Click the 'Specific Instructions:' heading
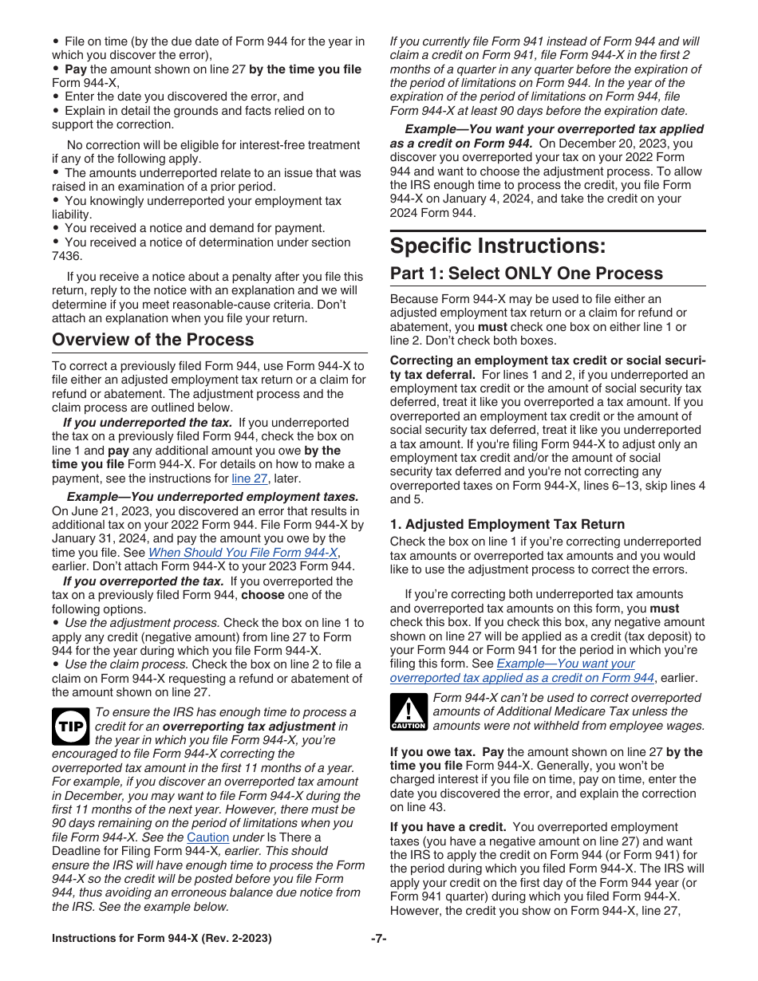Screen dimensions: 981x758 [x=497, y=246]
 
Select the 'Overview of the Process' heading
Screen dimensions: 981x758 [x=152, y=340]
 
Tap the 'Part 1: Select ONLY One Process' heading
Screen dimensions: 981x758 [x=526, y=274]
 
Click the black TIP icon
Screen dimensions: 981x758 [x=69, y=727]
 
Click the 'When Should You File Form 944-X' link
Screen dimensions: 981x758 [x=243, y=553]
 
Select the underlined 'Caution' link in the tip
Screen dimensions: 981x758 [x=207, y=837]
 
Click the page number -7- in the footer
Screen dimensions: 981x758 [x=378, y=939]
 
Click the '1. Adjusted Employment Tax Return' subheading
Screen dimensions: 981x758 [x=507, y=524]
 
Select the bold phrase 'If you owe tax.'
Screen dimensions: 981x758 [x=435, y=752]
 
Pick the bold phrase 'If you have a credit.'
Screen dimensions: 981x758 [x=448, y=827]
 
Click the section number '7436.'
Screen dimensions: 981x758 [x=67, y=256]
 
